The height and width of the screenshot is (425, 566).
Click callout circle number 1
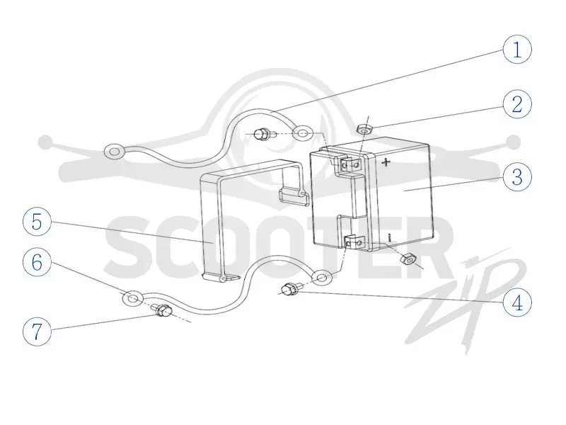click(x=517, y=50)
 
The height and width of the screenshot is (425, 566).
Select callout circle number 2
click(x=517, y=104)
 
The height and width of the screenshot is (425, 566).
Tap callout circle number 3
click(x=517, y=177)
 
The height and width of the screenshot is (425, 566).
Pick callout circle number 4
click(x=517, y=302)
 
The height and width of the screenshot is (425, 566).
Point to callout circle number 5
click(x=37, y=222)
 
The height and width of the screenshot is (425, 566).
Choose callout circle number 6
click(x=37, y=262)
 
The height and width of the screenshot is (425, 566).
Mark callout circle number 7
click(x=37, y=331)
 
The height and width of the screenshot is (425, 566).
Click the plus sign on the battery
click(x=386, y=162)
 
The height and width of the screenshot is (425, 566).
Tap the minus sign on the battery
click(x=389, y=238)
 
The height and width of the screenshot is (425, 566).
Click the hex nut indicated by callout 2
click(x=363, y=129)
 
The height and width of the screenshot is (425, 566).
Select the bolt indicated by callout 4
click(x=289, y=290)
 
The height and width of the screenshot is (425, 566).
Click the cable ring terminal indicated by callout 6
click(x=133, y=298)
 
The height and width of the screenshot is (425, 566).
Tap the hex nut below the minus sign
click(x=408, y=259)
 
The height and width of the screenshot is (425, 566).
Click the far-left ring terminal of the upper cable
click(x=114, y=152)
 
